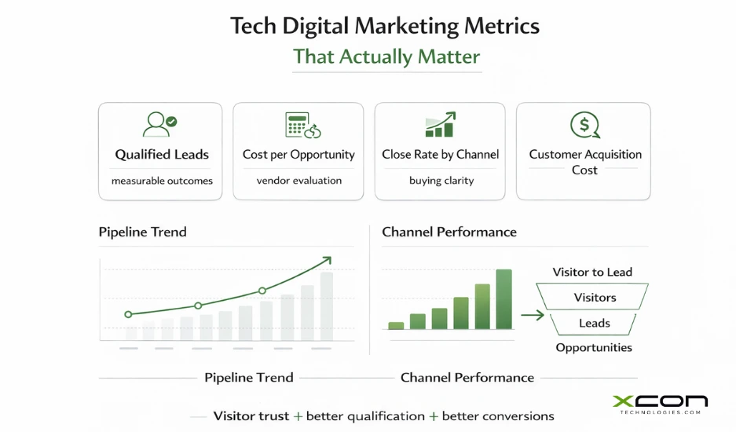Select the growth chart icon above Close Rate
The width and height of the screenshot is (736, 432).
(440, 124)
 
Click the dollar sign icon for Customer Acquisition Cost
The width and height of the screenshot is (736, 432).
(584, 124)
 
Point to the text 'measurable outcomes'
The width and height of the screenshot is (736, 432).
(162, 181)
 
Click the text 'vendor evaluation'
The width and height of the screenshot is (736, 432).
(298, 181)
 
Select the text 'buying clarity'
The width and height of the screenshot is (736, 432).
(441, 181)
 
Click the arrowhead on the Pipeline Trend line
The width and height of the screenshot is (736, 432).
(327, 260)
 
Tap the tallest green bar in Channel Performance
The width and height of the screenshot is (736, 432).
(503, 298)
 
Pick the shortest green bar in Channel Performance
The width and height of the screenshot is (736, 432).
(397, 324)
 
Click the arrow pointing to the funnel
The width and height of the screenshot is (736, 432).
(532, 316)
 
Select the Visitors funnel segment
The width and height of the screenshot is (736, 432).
(595, 298)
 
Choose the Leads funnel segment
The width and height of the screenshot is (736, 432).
(595, 323)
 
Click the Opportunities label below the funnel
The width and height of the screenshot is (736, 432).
(594, 348)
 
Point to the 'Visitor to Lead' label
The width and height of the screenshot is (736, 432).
(592, 272)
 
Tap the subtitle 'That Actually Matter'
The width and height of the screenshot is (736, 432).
(386, 57)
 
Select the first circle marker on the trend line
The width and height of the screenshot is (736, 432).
(128, 314)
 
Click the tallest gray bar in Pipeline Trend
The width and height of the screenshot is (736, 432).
(326, 306)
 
